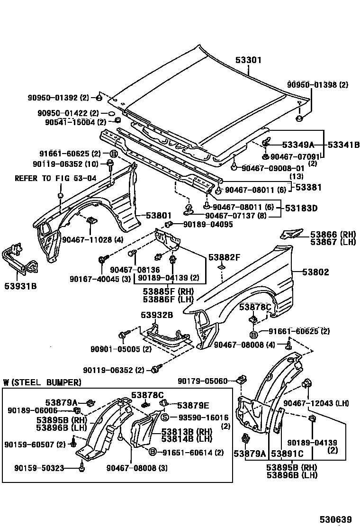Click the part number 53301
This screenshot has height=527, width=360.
(248, 61)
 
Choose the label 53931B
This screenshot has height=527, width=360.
(21, 286)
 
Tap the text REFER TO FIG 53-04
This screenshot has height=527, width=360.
(55, 178)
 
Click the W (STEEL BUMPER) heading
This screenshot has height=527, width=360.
(42, 382)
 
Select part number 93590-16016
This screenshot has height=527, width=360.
(201, 418)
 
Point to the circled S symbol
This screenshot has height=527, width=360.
(165, 418)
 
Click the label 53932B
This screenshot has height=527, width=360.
(156, 315)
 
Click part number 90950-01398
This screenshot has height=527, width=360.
(311, 85)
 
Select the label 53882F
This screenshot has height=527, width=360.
(225, 257)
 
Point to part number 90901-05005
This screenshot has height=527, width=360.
(114, 349)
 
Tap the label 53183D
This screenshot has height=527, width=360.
(301, 208)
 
